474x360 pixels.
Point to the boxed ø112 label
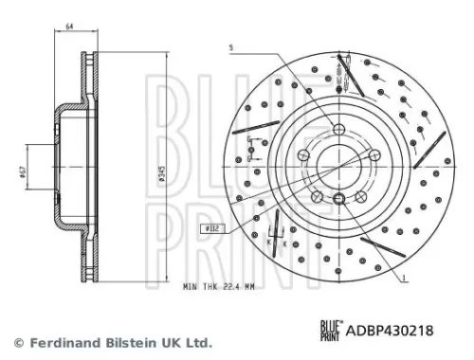pyautogui.click(x=212, y=228)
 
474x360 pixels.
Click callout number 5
pyautogui.click(x=228, y=47)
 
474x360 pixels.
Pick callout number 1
pyautogui.click(x=404, y=278)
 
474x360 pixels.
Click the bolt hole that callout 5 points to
pyautogui.click(x=339, y=129)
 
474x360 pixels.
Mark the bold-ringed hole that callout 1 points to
pyautogui.click(x=338, y=197)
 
